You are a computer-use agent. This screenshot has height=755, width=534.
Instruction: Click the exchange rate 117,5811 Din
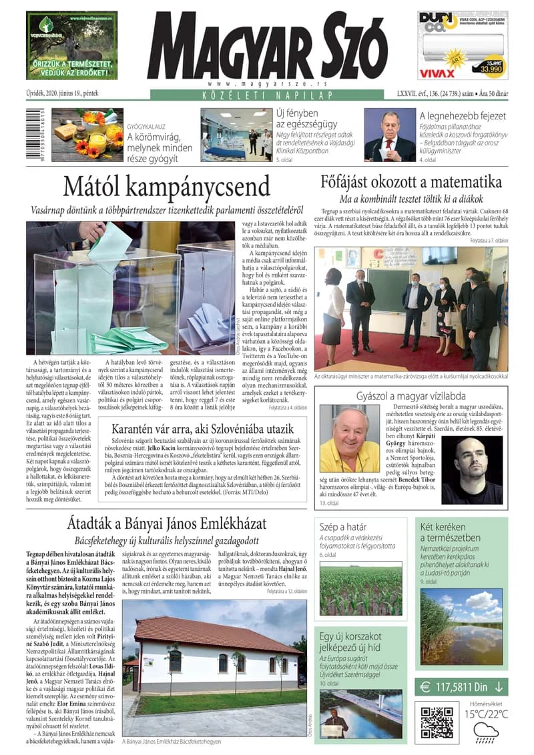[460, 686]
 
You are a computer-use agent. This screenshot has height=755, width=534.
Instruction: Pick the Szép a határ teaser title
[343, 526]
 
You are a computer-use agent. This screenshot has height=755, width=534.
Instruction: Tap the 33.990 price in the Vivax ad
[490, 67]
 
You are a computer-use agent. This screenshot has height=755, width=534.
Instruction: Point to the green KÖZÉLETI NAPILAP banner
[266, 95]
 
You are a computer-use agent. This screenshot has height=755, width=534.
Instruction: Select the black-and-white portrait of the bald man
[471, 461]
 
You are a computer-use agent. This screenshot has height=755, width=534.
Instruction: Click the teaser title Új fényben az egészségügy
[287, 119]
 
